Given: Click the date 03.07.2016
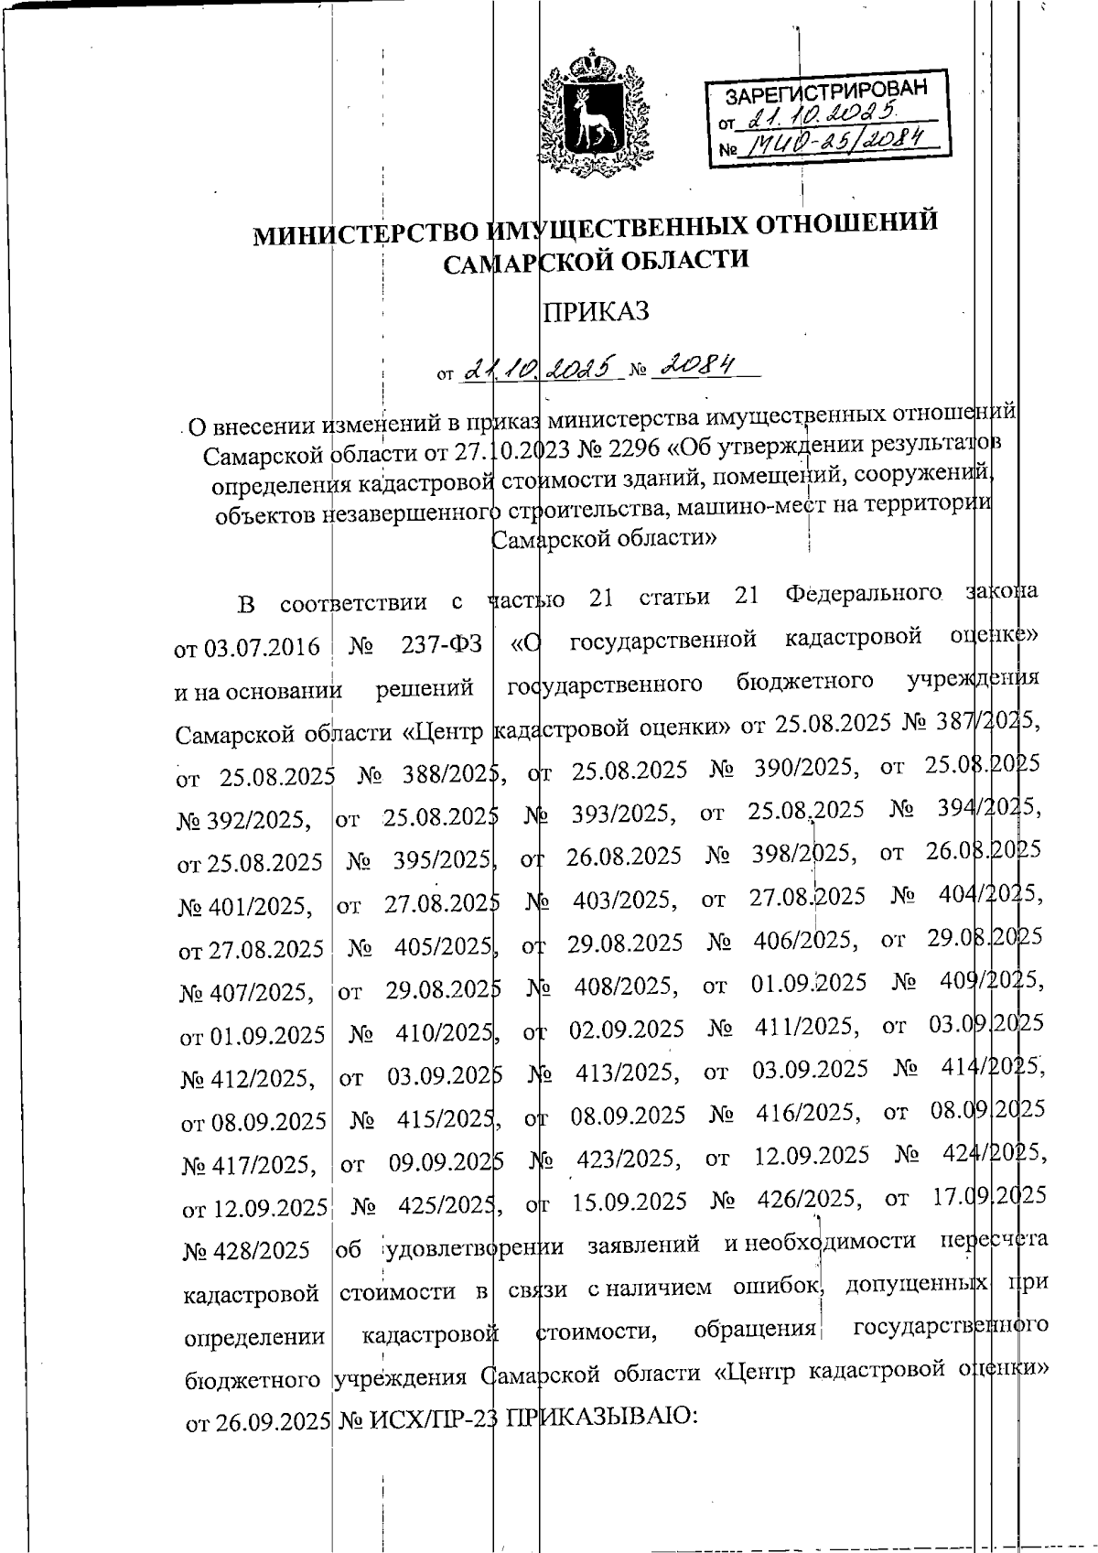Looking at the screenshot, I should pyautogui.click(x=247, y=648).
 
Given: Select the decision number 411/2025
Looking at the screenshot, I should pyautogui.click(x=806, y=1027).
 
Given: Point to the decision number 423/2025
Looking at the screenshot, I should pyautogui.click(x=628, y=1159).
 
